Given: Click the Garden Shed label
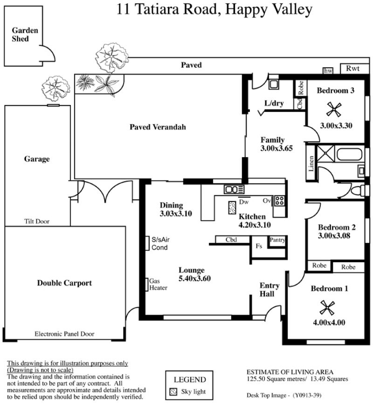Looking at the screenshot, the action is coord(25,35).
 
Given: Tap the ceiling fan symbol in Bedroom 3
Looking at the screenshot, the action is coord(334,109).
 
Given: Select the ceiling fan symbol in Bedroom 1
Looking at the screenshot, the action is coord(327,307).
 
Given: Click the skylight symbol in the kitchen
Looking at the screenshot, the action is coord(232,208).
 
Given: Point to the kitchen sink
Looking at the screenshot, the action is coord(234,189).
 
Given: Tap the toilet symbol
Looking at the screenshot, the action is coord(358,191).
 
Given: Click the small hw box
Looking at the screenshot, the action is coord(328,70).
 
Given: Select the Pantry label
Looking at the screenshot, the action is coord(277,240).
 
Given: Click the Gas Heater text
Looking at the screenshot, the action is coord(158,284).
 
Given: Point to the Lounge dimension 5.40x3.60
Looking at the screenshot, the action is coord(194,278).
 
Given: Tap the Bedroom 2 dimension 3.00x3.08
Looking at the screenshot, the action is coord(334,236).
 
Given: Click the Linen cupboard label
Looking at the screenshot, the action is coord(311,163).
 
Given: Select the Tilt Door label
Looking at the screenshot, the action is coord(36,221).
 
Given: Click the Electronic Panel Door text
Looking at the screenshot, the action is coord(64,334).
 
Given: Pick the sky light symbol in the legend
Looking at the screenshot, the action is coord(173,391).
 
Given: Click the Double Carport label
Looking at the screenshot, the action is coord(64,283).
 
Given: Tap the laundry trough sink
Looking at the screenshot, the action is coord(274,84).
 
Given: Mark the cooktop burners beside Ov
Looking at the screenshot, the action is coord(279,201).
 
